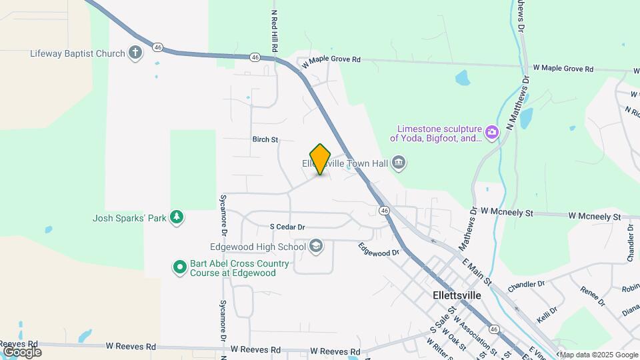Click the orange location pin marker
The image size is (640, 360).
[x=321, y=159]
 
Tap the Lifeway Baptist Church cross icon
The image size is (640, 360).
[x=135, y=53]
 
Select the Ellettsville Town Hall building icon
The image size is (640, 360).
[x=399, y=163]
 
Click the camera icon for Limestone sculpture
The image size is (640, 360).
[x=492, y=132]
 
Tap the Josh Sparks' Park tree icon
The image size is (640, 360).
[x=176, y=217]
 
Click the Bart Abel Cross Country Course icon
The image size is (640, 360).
[x=179, y=268]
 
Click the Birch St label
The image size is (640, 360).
[x=265, y=140]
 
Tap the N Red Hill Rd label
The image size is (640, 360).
[x=274, y=31]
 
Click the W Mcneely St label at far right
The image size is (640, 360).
[x=594, y=217]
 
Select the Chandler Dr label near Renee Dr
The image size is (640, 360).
[x=526, y=285]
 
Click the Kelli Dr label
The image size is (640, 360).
[x=547, y=313]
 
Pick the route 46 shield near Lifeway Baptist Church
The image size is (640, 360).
[x=157, y=47]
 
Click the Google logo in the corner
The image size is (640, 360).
[x=22, y=351]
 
